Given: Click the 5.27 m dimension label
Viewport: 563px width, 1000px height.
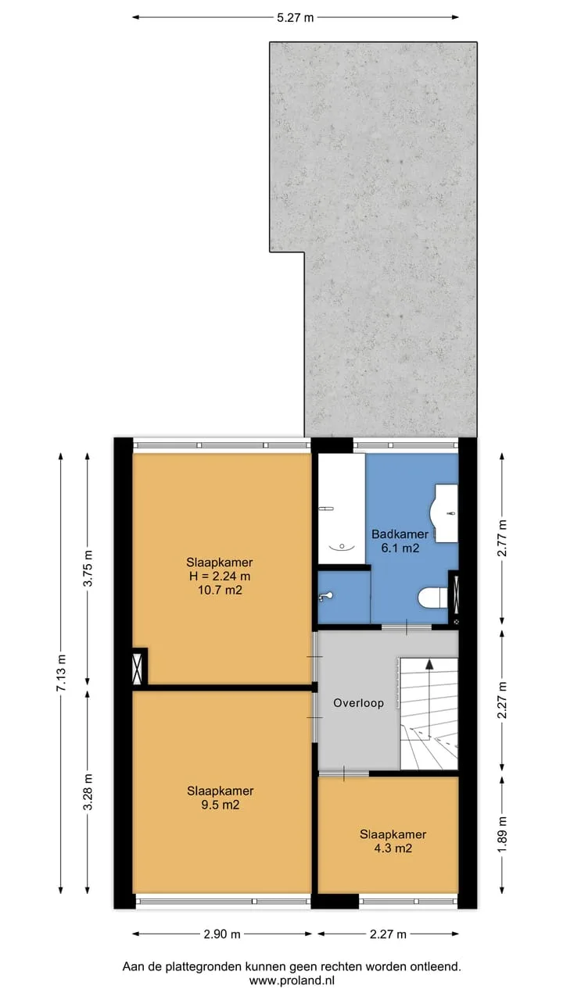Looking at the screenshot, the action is pos(296,18).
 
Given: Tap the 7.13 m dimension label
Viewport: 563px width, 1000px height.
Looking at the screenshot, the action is pos(61,673).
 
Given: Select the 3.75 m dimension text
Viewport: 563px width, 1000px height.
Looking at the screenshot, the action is pos(88,568).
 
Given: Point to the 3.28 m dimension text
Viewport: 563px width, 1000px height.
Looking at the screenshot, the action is pos(88,791).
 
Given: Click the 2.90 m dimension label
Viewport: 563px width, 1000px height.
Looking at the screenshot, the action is pos(222,934).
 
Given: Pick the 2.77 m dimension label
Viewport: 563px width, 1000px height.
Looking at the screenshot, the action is pos(502,537).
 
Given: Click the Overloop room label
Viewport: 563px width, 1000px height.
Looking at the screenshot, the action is pos(358,703).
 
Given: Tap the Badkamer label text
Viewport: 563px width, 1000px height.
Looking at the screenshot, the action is pos(400,534).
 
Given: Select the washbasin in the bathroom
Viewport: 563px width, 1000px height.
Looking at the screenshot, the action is pos(444,513).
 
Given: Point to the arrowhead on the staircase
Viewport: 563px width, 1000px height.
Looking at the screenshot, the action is pos(429,664).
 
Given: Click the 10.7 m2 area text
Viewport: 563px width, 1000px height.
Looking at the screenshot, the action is pos(220,590).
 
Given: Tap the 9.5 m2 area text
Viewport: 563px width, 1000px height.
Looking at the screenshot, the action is pos(220,805).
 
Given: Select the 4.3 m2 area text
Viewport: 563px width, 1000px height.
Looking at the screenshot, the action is pos(393,848).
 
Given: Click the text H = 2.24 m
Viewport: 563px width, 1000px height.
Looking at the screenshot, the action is pos(220,576).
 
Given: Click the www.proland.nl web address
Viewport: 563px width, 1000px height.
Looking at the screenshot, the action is pos(292,980).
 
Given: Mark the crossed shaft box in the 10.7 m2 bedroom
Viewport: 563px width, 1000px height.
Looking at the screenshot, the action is pos(138,668).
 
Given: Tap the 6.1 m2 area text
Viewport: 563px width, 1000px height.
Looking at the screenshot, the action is pos(400,548).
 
